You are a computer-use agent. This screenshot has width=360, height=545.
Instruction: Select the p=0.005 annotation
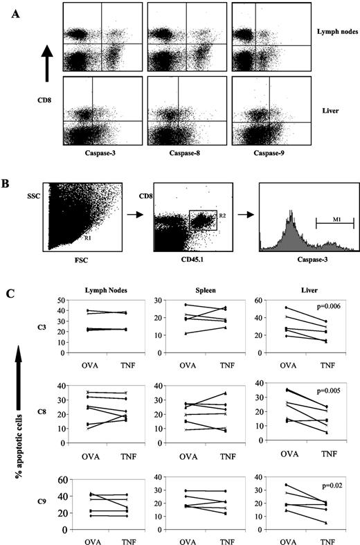point(324,391)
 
